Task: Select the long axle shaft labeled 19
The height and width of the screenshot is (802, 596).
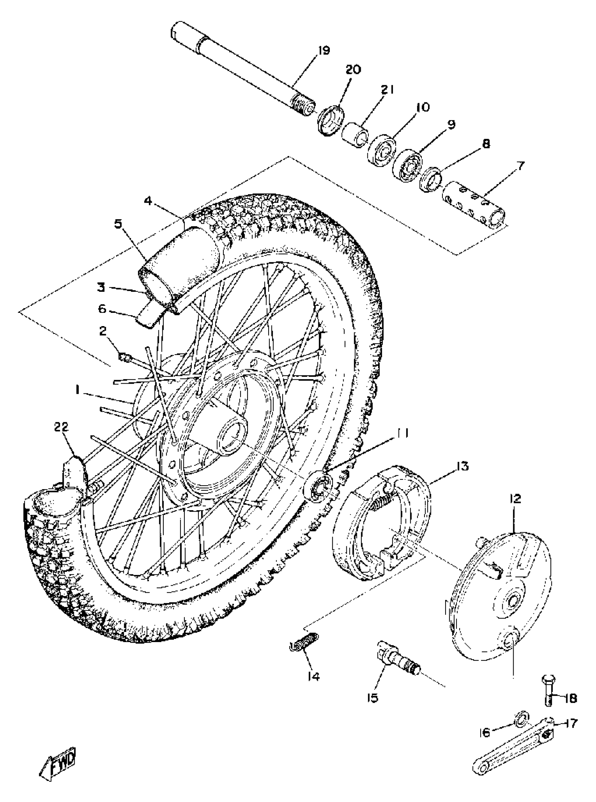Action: coord(242,72)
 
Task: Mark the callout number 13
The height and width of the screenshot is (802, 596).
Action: coord(462,466)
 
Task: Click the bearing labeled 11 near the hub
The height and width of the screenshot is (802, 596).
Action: coord(318,485)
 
